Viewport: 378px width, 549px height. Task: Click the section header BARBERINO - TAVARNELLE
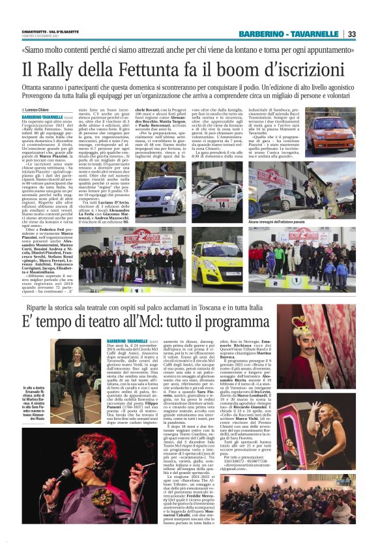pyautogui.click(x=288, y=34)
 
